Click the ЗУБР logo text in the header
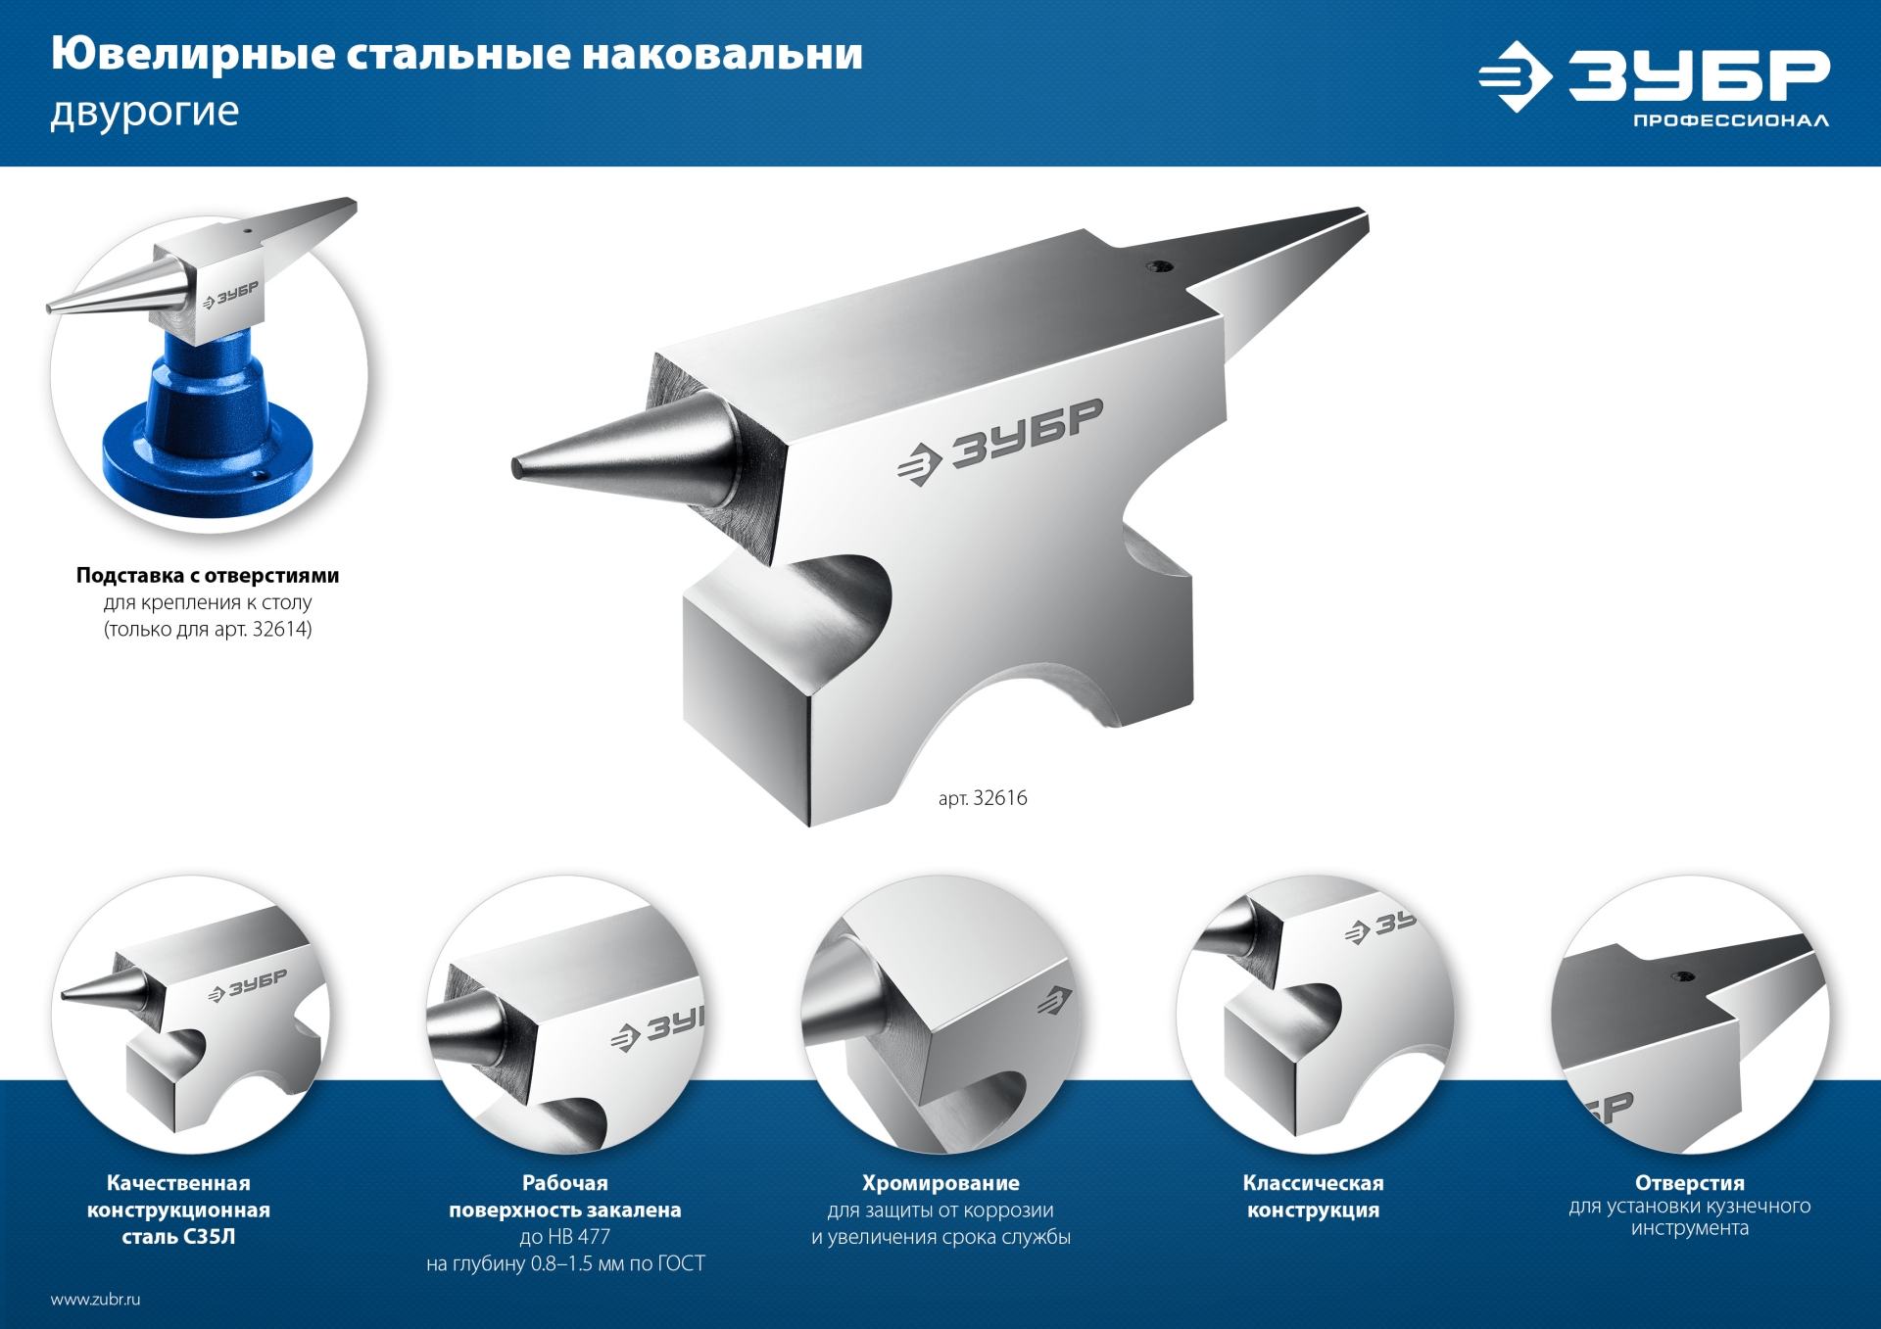click(x=1699, y=75)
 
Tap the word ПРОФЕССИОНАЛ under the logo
click(x=1730, y=120)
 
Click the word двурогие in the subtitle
click(x=145, y=112)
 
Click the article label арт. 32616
click(x=983, y=798)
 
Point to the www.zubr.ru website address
click(x=96, y=1300)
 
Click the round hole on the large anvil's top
click(x=1161, y=265)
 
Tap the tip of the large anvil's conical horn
click(x=517, y=468)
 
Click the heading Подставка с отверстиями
click(x=208, y=576)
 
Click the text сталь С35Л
click(x=178, y=1237)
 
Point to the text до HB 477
click(x=565, y=1237)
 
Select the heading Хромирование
click(x=940, y=1183)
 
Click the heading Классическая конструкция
click(x=1313, y=1197)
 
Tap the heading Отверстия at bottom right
click(x=1689, y=1183)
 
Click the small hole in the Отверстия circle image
click(x=1683, y=976)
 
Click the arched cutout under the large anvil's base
click(x=1019, y=705)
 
